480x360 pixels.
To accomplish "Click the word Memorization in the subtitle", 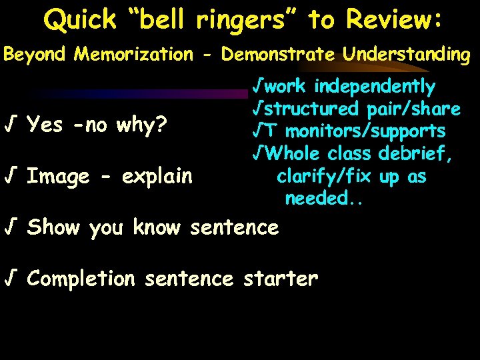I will coord(133,55).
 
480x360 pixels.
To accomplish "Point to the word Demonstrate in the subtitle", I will coord(280,55).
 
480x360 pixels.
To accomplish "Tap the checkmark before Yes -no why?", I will coord(11,125).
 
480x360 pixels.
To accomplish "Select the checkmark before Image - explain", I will coord(11,177).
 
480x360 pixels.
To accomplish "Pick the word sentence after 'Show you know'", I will coord(234,227).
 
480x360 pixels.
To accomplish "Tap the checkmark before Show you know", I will coord(11,227).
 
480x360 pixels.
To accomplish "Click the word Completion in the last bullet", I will coord(81,278).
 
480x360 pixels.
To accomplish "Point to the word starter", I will coord(280,278).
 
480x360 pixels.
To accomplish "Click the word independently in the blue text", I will coord(375,86).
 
